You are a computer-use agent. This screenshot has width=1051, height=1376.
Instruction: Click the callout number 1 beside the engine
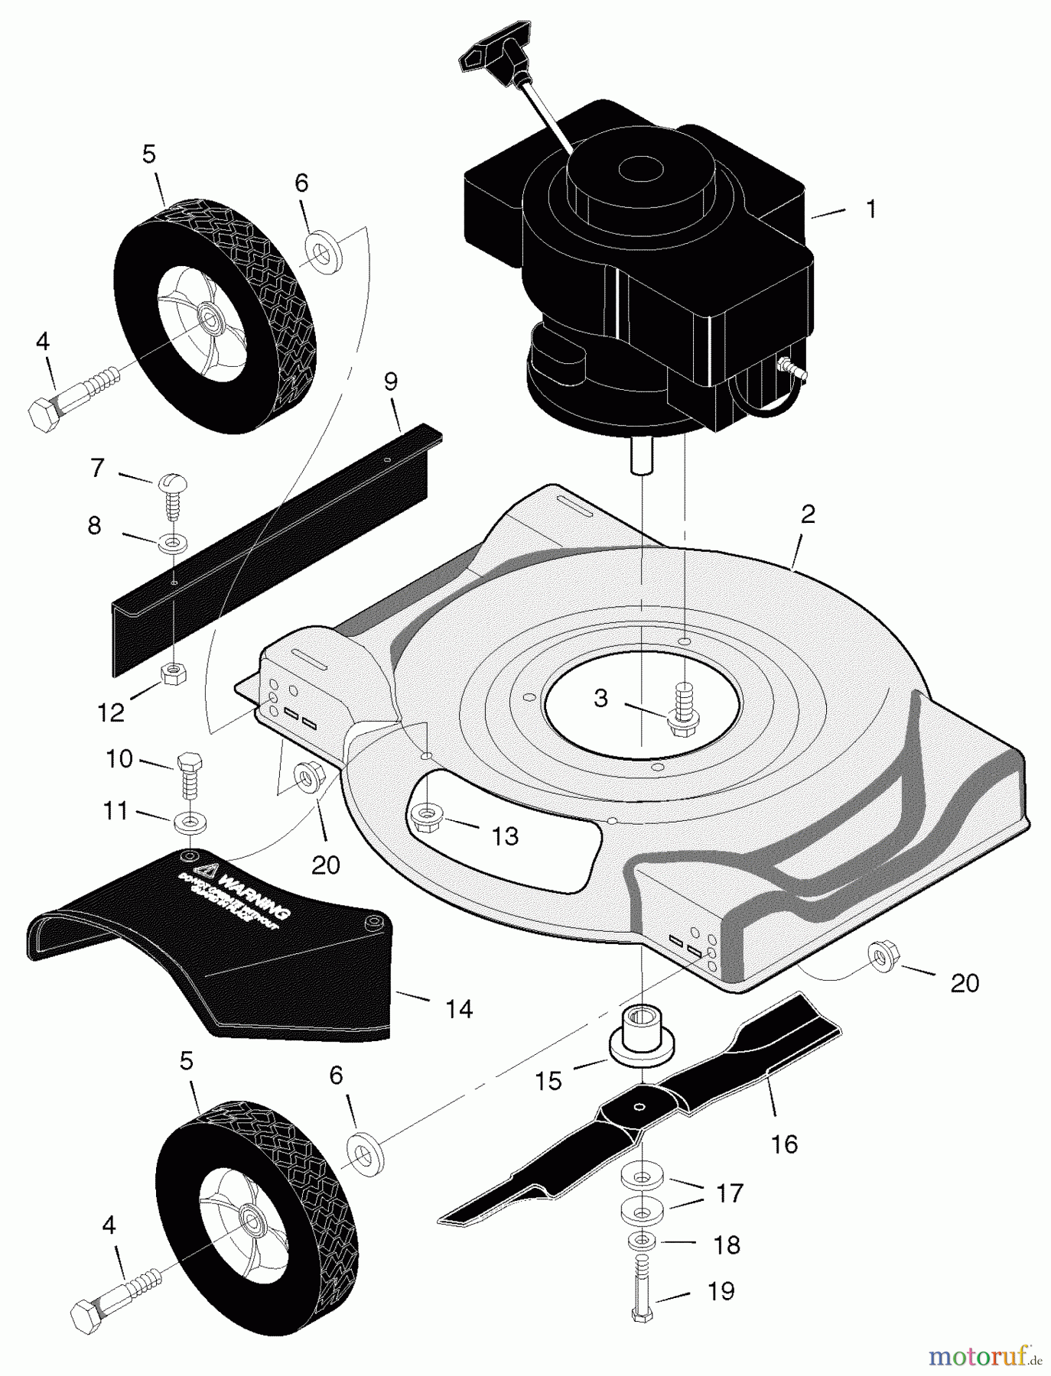870,209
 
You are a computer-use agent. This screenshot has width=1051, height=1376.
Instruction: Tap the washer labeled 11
187,824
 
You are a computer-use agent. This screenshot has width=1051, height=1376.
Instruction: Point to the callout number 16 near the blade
785,1144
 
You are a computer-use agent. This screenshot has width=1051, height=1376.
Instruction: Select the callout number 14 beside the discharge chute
459,1009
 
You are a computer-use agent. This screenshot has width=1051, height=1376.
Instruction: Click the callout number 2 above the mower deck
808,514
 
